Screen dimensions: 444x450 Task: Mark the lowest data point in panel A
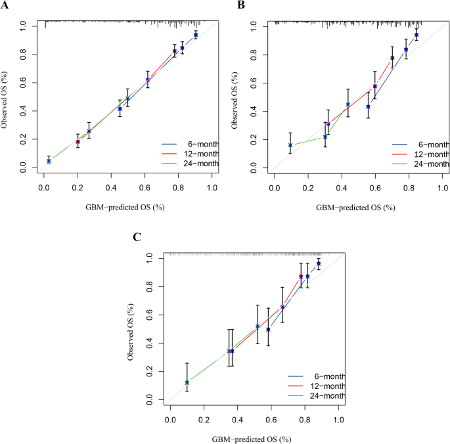[x=49, y=160]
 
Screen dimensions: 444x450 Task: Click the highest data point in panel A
[x=196, y=35]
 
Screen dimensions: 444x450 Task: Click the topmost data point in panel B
[x=416, y=35]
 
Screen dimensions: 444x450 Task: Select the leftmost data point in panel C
[x=187, y=382]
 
